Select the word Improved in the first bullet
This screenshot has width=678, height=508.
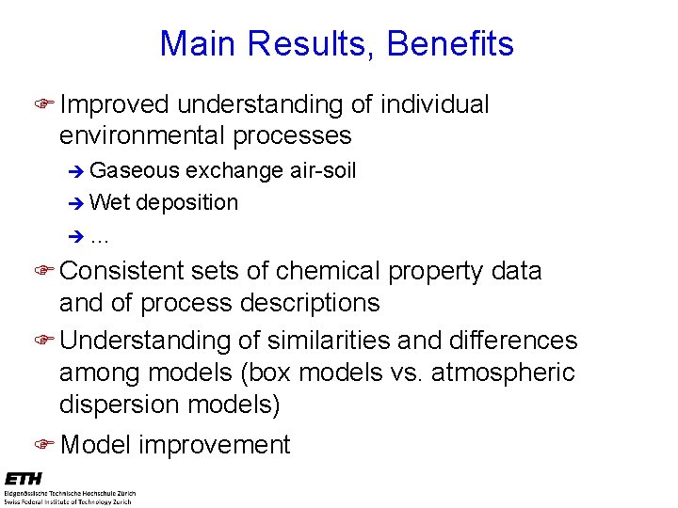114,104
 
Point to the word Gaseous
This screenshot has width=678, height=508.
135,170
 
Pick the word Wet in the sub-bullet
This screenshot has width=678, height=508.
111,202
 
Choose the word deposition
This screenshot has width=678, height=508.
187,202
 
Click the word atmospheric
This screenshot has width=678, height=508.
503,373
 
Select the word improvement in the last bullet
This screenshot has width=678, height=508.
214,444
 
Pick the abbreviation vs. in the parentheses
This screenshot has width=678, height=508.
405,373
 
